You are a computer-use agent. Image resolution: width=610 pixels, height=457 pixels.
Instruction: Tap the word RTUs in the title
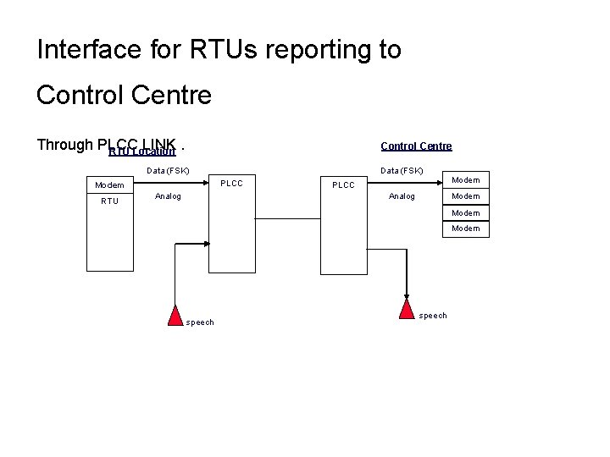click(218, 50)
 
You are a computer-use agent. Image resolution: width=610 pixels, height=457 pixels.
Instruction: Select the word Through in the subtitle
click(64, 145)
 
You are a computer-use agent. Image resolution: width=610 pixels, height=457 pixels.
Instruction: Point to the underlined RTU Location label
click(142, 152)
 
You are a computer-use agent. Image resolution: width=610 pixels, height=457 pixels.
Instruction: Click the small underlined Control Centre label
click(416, 146)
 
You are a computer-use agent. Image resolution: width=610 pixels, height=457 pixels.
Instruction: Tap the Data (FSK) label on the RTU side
click(168, 171)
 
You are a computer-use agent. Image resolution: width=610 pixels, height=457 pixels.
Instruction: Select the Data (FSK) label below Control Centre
click(402, 171)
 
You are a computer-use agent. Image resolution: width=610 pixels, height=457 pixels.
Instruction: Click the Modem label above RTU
click(109, 185)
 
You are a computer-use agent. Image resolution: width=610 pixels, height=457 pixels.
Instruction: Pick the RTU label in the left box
click(109, 201)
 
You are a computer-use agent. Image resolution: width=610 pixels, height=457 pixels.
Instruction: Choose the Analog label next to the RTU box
click(168, 196)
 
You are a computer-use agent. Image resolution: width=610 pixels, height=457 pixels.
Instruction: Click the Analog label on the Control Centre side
click(402, 196)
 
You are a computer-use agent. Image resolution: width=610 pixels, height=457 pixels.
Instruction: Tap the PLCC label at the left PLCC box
click(231, 183)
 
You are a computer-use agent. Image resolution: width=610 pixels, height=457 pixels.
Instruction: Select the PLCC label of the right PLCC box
click(343, 185)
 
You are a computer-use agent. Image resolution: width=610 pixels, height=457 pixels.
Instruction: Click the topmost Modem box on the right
click(466, 179)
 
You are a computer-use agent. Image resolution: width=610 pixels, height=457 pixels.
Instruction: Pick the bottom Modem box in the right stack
click(466, 228)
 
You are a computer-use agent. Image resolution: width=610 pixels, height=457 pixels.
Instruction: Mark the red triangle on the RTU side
click(175, 315)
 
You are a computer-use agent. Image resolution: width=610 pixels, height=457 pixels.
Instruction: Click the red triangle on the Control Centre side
click(408, 309)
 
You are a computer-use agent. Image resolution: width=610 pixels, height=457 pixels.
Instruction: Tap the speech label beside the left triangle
click(200, 322)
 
